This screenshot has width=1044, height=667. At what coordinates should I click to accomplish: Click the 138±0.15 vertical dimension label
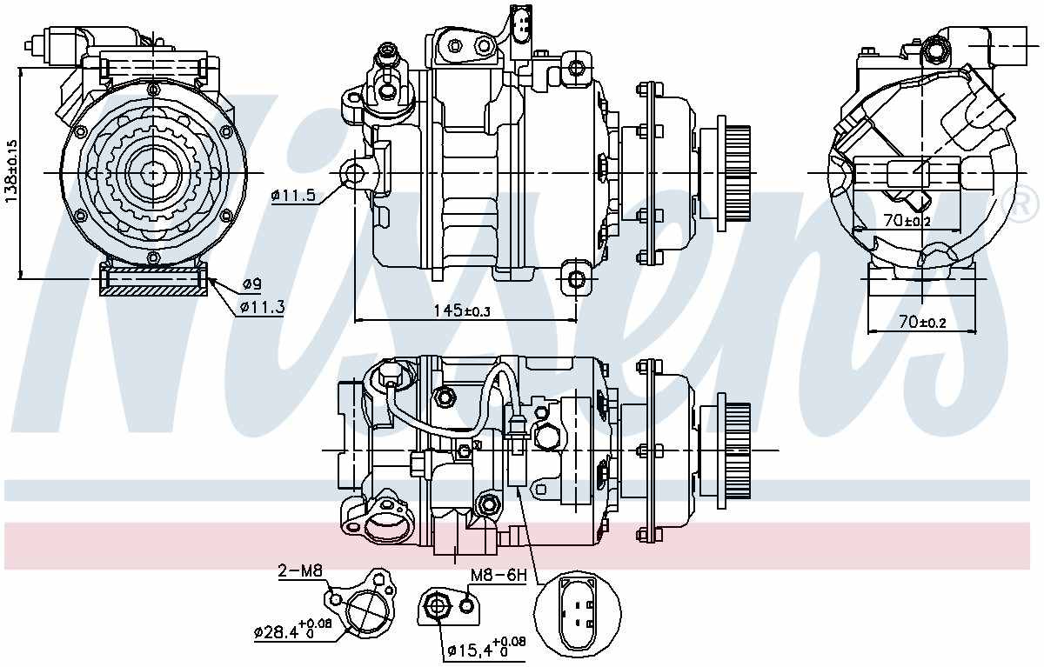[x=11, y=171]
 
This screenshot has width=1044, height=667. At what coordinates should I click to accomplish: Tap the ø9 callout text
[x=252, y=283]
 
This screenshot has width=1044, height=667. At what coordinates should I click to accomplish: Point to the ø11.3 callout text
[x=262, y=306]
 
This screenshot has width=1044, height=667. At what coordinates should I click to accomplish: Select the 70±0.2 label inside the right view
[x=907, y=221]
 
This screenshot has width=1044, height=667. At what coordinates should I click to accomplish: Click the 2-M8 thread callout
[x=299, y=571]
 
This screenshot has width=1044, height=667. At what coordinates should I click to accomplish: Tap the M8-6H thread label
[x=499, y=575]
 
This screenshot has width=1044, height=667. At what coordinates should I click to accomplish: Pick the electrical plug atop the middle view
[x=520, y=23]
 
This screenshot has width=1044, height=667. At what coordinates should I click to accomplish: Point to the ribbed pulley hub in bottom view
[x=736, y=450]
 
